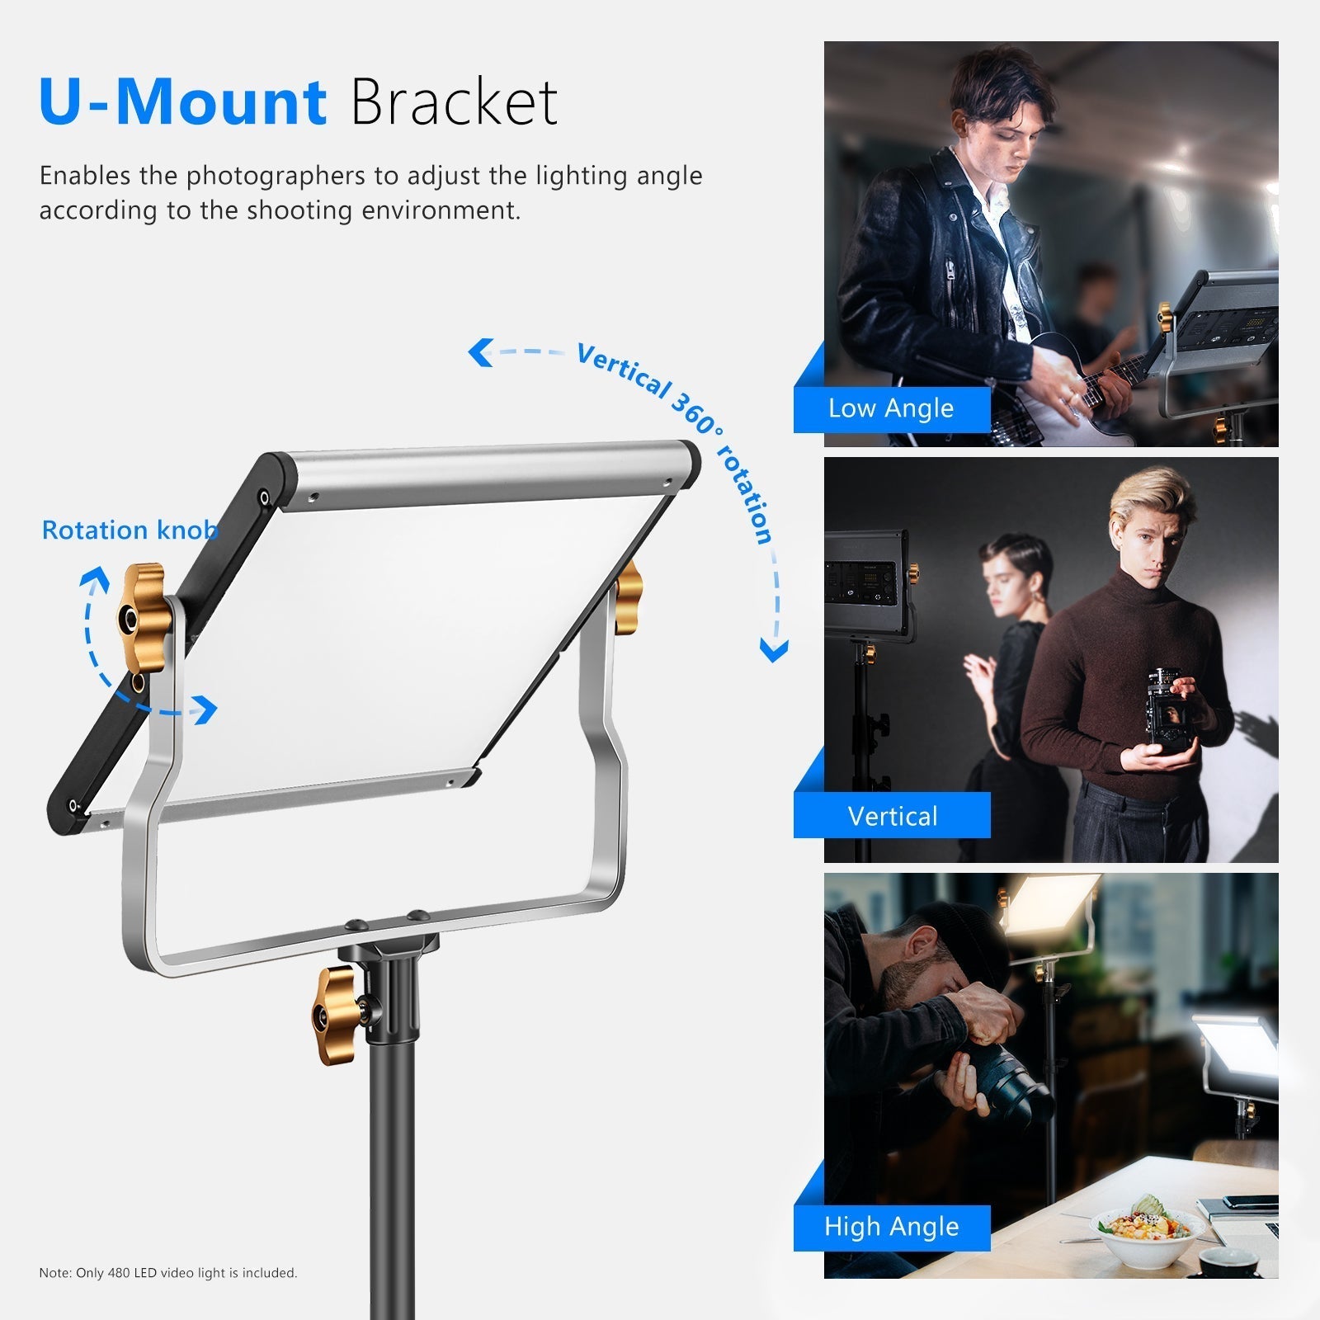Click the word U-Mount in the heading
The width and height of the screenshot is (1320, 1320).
click(183, 102)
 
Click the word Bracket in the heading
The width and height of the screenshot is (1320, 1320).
click(455, 102)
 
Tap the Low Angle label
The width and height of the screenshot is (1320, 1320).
click(891, 408)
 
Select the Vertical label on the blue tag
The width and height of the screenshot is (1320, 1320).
click(893, 816)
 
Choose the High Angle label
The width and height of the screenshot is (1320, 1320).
click(892, 1227)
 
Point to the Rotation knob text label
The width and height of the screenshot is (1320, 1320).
click(130, 530)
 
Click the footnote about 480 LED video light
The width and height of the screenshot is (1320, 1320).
click(168, 1273)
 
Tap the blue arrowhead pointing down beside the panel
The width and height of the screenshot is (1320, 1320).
click(774, 651)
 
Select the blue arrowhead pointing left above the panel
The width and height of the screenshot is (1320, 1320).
click(480, 352)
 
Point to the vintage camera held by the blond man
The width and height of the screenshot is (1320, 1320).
click(1168, 708)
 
